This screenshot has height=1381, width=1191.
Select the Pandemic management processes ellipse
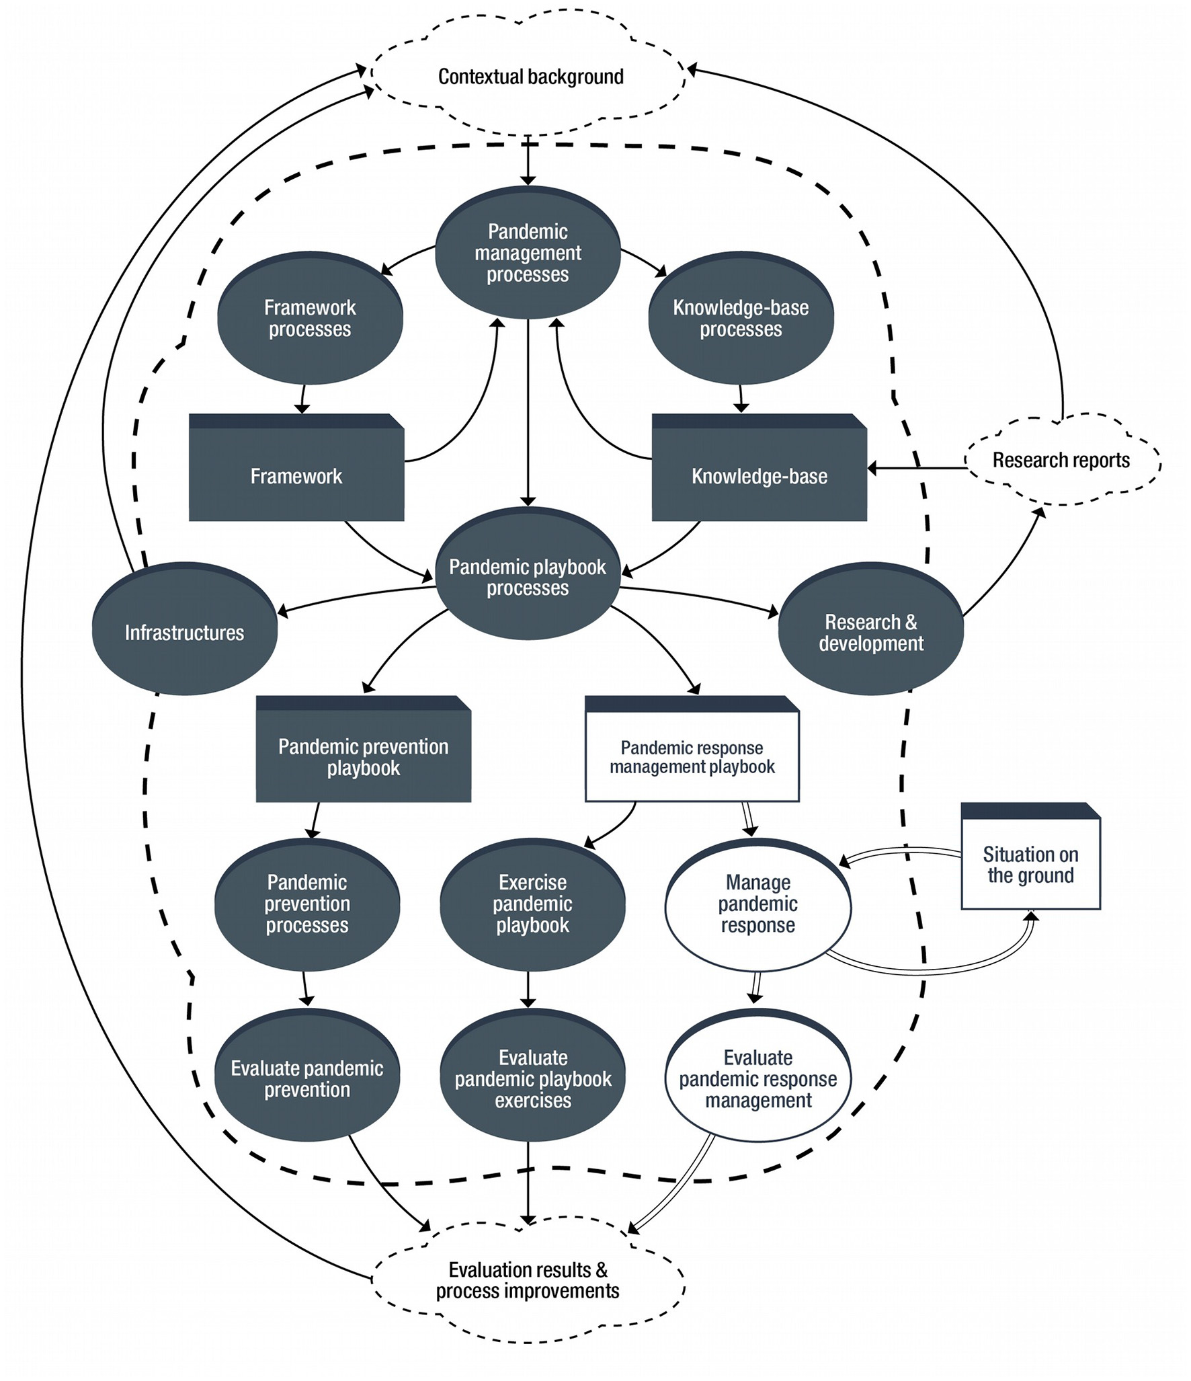[528, 253]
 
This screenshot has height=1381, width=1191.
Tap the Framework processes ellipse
[310, 318]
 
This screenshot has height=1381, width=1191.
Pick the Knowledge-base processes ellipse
[741, 318]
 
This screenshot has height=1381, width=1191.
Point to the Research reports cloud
[1061, 461]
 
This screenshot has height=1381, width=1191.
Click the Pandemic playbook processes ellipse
[528, 577]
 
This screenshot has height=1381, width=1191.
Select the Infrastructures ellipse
[185, 632]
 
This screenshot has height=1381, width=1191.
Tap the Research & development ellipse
[870, 632]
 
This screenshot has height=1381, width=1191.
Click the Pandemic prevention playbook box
[364, 756]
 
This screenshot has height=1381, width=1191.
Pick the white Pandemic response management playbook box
[692, 756]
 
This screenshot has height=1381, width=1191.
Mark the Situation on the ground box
[1030, 864]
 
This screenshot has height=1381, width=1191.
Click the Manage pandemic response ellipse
[757, 904]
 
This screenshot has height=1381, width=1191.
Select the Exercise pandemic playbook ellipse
[532, 904]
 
